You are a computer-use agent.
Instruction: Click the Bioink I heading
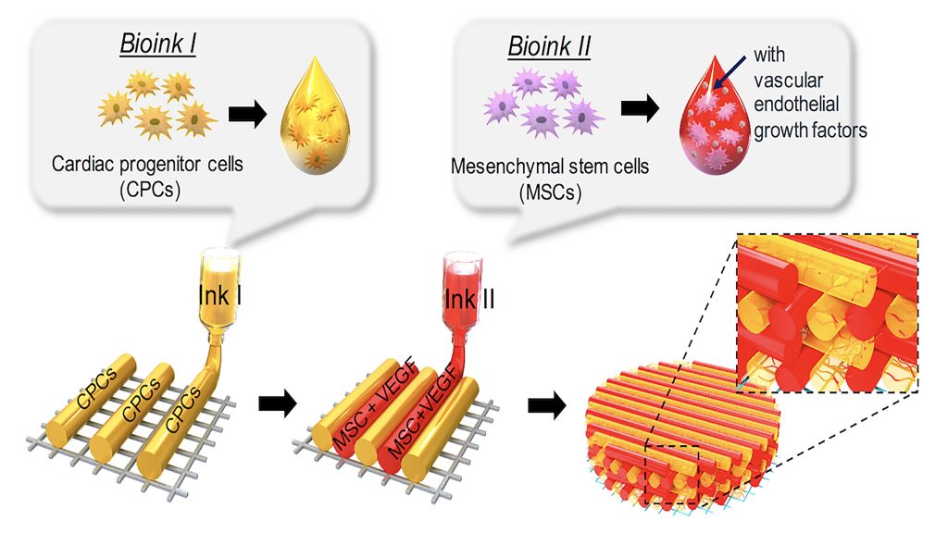pyautogui.click(x=157, y=45)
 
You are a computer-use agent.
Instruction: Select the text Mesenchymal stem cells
pyautogui.click(x=550, y=168)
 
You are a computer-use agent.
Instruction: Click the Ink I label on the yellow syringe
pyautogui.click(x=220, y=293)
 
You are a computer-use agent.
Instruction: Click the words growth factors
pyautogui.click(x=810, y=130)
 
